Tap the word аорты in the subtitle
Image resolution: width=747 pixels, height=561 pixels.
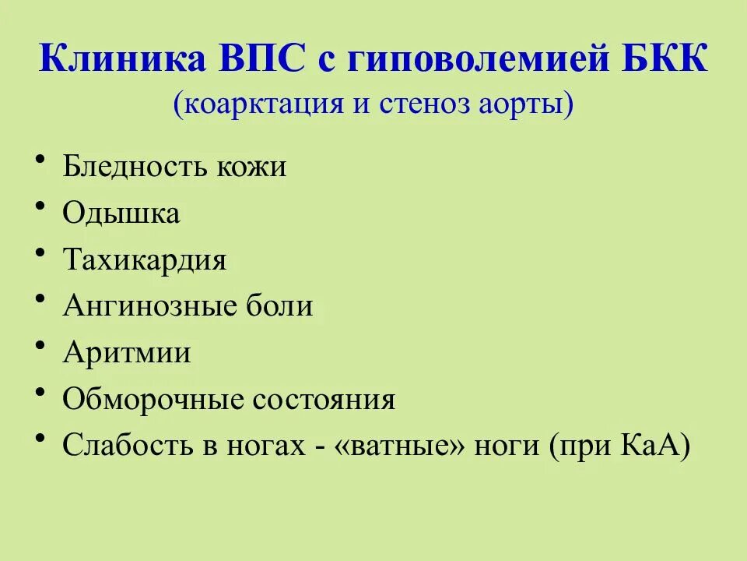pyautogui.click(x=529, y=104)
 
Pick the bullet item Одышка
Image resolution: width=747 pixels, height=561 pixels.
pyautogui.click(x=121, y=213)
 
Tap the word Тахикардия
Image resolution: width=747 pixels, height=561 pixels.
pyautogui.click(x=145, y=259)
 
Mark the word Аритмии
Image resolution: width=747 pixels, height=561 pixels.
pyautogui.click(x=127, y=353)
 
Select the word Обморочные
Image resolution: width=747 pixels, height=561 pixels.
pyautogui.click(x=153, y=400)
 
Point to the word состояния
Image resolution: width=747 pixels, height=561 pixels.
pyautogui.click(x=323, y=400)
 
